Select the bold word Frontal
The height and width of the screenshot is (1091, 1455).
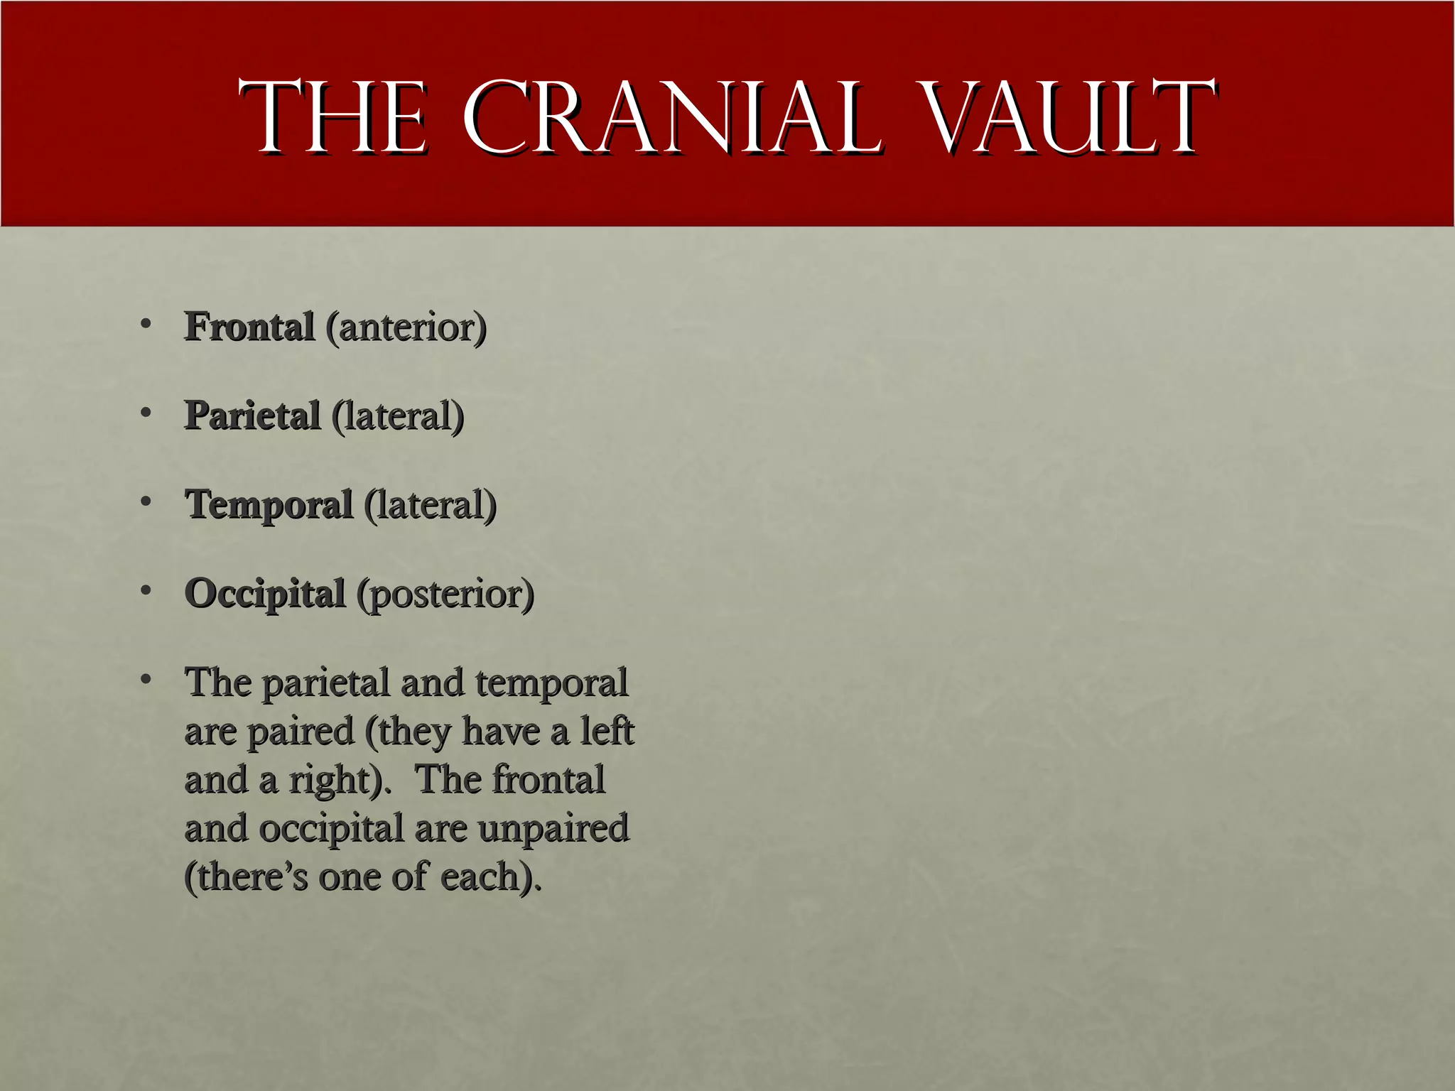[249, 327]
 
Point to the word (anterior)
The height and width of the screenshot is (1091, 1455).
[406, 327]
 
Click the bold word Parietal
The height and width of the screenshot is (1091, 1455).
[252, 416]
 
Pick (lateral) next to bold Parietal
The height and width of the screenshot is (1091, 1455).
[398, 416]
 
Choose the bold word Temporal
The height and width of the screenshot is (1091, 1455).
[269, 505]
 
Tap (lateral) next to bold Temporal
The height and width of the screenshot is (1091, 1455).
[431, 505]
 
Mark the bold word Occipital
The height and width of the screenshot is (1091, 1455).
[264, 594]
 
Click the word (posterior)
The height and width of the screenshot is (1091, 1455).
[445, 595]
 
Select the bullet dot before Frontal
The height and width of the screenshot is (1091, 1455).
[146, 324]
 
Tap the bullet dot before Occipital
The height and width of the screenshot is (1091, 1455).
[146, 590]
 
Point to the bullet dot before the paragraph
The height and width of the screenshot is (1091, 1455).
[146, 679]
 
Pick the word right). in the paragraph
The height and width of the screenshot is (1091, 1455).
[340, 781]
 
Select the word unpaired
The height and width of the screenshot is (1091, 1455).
[553, 830]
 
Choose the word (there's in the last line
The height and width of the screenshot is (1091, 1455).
[246, 876]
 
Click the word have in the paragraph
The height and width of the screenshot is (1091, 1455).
[500, 731]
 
